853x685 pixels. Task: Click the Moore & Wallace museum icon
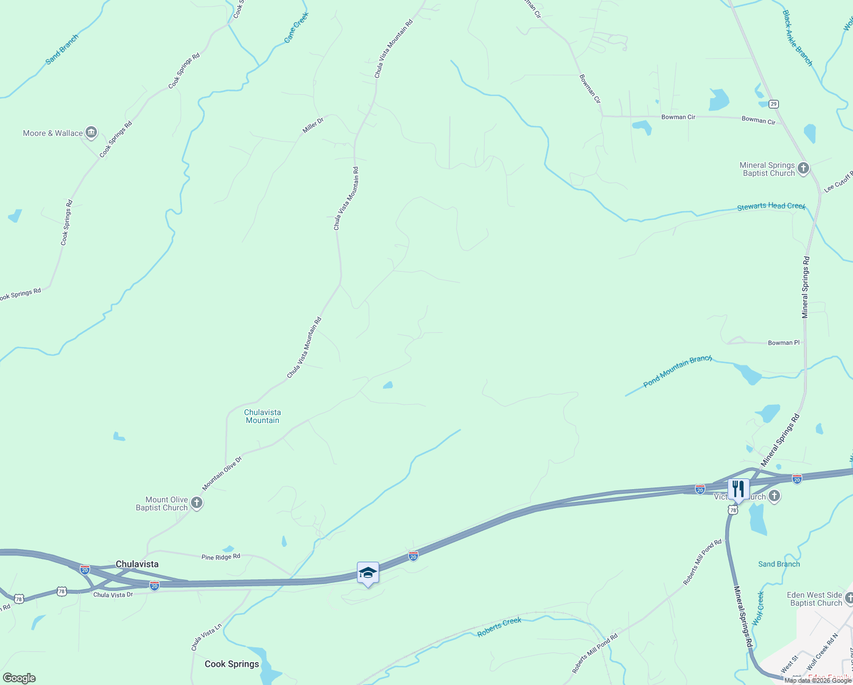coord(91,133)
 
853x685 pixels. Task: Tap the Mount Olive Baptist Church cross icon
coord(197,503)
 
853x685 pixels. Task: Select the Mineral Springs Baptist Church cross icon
coord(803,168)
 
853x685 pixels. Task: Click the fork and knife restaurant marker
coord(738,489)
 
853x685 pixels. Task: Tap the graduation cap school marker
coord(368,573)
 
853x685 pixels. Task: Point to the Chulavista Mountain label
coord(262,416)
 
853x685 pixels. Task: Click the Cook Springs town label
coord(231,664)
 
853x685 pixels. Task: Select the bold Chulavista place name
coord(137,564)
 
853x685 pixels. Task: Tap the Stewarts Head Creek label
coord(771,206)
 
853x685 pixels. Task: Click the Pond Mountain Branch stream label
coord(677,371)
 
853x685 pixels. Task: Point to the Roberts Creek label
coord(499,626)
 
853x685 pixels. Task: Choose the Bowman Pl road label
coord(783,343)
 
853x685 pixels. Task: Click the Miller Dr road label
coord(313,125)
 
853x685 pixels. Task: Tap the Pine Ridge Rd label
coord(221,557)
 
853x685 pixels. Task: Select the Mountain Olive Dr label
coord(222,473)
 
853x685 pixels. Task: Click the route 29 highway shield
coord(773,104)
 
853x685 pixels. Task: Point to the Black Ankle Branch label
coord(797,38)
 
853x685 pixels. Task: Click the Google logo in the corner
coord(19,678)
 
